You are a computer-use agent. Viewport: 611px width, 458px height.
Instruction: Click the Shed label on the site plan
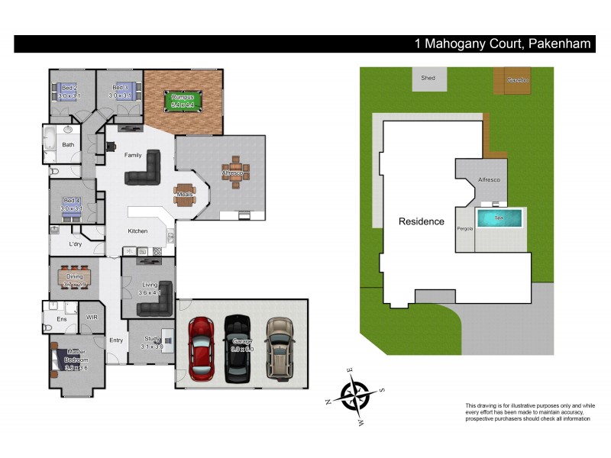click(x=428, y=78)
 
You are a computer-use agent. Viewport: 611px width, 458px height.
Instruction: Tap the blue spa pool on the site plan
click(x=500, y=218)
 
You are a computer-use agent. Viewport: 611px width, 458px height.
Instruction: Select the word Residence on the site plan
click(x=421, y=222)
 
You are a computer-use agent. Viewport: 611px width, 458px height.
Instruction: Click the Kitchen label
click(x=137, y=231)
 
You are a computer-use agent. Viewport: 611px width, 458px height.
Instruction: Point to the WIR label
click(x=92, y=316)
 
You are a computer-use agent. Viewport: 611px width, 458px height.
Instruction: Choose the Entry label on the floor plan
click(x=116, y=340)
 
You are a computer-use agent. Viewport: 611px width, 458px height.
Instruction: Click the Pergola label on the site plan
click(x=465, y=228)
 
